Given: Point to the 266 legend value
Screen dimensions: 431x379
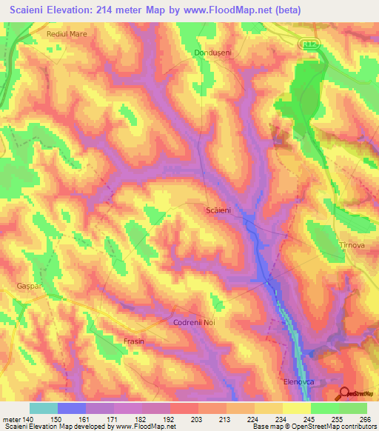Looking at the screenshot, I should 366,418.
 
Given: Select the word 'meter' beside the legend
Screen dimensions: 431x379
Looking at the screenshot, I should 11,418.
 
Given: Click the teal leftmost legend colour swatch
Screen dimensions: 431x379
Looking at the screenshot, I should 44,408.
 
